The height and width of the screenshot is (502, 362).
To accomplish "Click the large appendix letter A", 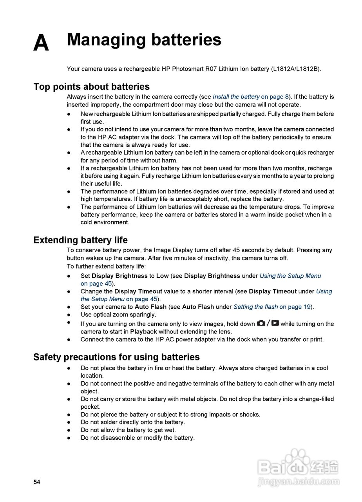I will (x=41, y=43).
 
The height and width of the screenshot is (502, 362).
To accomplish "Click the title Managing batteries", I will (x=144, y=40).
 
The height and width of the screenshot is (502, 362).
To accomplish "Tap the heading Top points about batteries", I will (x=91, y=87).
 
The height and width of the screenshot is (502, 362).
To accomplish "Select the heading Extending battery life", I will (x=80, y=240).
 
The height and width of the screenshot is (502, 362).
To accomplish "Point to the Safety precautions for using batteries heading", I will (x=116, y=357).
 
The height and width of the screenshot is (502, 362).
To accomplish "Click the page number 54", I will (x=37, y=482).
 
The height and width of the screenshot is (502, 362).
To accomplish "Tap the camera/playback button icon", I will (x=268, y=324).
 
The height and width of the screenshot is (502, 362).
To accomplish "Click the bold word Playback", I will (x=143, y=332).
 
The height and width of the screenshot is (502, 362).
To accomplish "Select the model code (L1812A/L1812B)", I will (x=295, y=69).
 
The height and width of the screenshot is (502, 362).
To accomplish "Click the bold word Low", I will (x=162, y=276).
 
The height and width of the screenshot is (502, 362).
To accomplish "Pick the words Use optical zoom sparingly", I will (x=118, y=315).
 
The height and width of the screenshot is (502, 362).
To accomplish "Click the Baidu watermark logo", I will (x=298, y=466).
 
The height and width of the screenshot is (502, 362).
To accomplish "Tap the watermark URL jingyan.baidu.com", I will (x=299, y=482).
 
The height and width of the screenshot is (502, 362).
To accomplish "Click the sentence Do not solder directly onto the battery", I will (x=133, y=422).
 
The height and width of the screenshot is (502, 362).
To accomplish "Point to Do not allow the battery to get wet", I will (x=128, y=430).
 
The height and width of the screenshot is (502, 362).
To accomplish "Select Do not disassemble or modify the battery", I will (x=138, y=438).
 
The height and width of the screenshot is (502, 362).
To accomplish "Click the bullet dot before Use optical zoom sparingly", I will (x=69, y=315).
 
